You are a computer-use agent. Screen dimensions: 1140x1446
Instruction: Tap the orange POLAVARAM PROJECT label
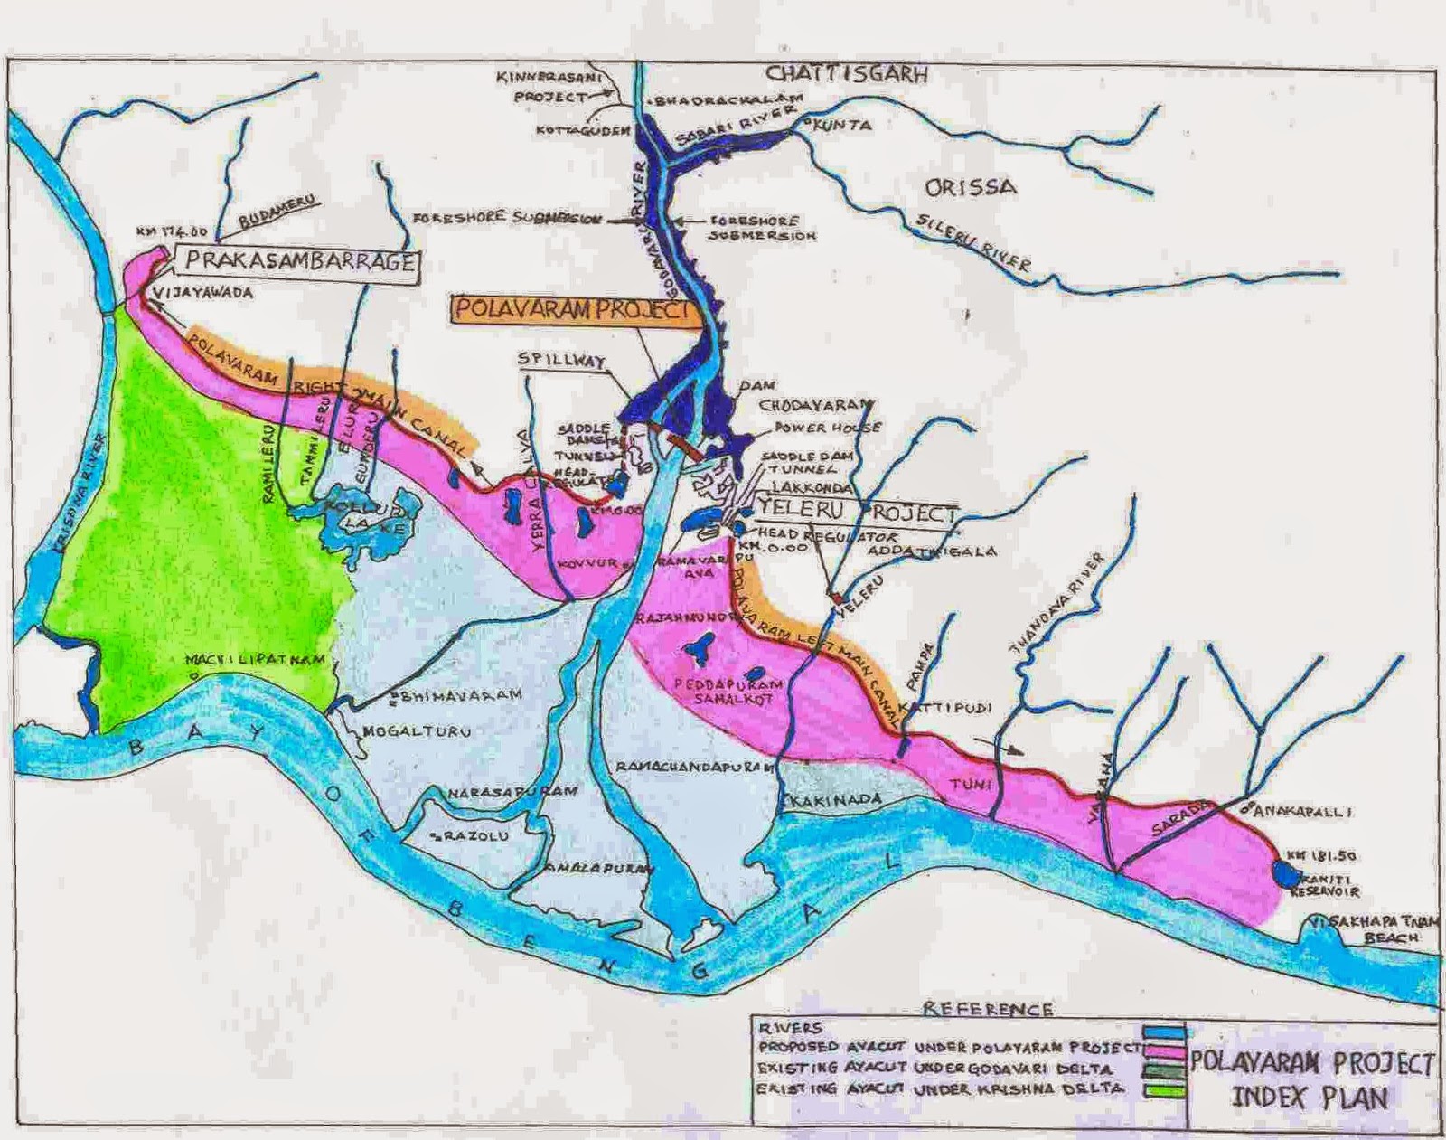571,310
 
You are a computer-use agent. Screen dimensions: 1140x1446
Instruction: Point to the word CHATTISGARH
847,74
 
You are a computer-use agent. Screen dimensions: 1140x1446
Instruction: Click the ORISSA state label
970,187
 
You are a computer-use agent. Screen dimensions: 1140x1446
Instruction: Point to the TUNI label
971,784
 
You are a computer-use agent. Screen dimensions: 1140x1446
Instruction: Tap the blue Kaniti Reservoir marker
1283,873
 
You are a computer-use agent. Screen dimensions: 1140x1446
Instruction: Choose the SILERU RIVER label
973,241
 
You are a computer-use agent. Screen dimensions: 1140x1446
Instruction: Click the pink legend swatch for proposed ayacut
1161,1050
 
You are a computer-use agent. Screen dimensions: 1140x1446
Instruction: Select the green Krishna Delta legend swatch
1161,1090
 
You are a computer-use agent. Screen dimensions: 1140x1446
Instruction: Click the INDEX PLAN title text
1310,1099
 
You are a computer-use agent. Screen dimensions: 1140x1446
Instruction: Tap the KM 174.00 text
172,231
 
